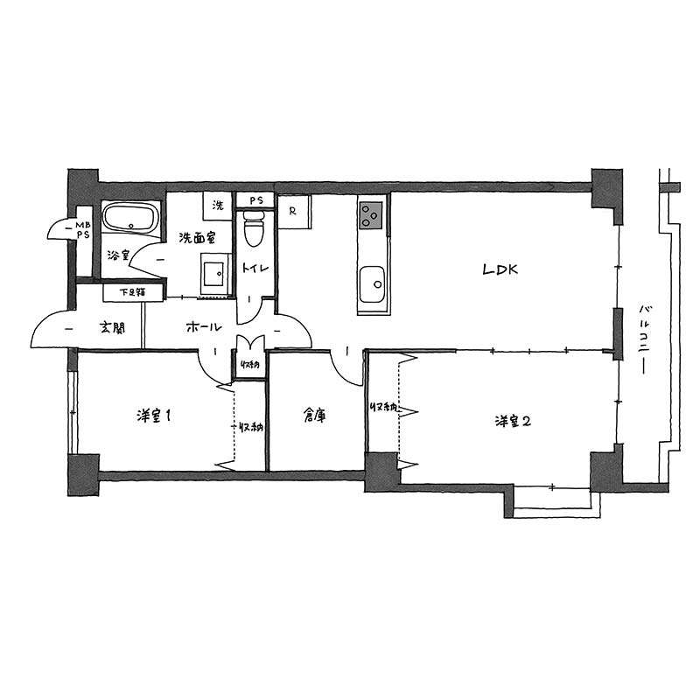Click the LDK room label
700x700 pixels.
click(500, 269)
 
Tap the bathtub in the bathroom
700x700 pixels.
click(129, 217)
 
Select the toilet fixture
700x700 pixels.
click(255, 228)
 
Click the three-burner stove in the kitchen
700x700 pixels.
click(371, 215)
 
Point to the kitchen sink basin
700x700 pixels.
click(371, 284)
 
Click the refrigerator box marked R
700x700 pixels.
click(294, 212)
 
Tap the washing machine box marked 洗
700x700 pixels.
click(217, 206)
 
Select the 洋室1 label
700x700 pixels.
click(154, 416)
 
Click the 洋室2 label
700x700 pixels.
click(513, 421)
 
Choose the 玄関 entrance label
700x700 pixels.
click(112, 328)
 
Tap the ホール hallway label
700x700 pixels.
click(204, 327)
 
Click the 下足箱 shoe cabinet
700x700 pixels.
click(133, 292)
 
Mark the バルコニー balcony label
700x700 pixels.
click(644, 339)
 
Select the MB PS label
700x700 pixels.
click(83, 230)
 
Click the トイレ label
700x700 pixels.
click(255, 268)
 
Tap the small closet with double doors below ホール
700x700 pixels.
click(249, 358)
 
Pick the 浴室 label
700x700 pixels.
click(118, 255)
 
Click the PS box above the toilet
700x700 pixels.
click(255, 200)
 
